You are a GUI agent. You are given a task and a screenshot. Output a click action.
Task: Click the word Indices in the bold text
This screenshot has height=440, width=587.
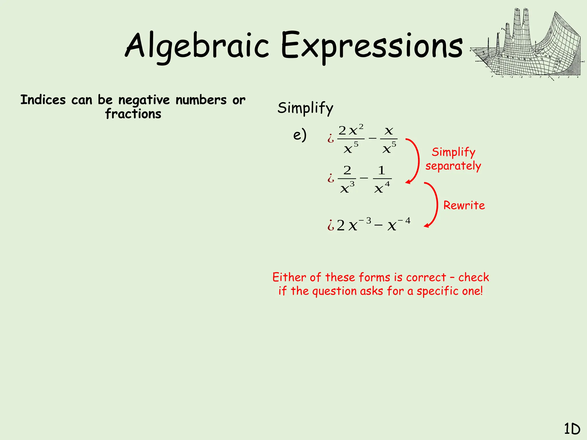click(x=43, y=100)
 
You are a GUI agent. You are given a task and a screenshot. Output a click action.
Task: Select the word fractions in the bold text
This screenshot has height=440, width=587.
click(x=133, y=114)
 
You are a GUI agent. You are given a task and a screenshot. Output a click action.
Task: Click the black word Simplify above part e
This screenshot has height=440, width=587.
click(x=305, y=108)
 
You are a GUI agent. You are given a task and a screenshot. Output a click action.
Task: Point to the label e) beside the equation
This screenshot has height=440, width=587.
click(x=300, y=135)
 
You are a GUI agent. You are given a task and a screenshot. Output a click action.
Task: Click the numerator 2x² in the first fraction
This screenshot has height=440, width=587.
click(x=351, y=130)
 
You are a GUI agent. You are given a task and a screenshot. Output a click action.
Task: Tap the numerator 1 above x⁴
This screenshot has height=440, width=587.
click(x=381, y=170)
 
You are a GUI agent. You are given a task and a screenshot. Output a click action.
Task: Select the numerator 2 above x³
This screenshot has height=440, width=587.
click(x=347, y=170)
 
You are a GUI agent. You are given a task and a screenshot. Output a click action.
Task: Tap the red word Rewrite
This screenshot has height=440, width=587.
click(x=464, y=205)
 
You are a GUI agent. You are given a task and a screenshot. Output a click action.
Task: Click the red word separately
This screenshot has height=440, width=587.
click(x=453, y=166)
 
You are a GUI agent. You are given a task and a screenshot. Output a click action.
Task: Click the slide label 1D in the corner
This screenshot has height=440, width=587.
click(x=572, y=429)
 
